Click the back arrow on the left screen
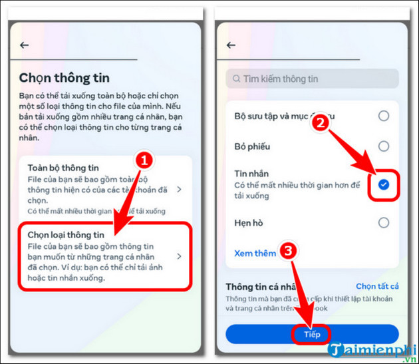[25, 45]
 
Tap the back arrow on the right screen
[231, 45]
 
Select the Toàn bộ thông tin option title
[63, 168]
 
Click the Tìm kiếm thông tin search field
[313, 79]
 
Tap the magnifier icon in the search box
[235, 79]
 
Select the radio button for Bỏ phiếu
[383, 146]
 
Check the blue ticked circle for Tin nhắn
[383, 184]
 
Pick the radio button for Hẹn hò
[383, 223]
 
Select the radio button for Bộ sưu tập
[383, 116]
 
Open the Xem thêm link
[255, 254]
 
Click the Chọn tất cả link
[377, 286]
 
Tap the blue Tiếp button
[312, 334]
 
